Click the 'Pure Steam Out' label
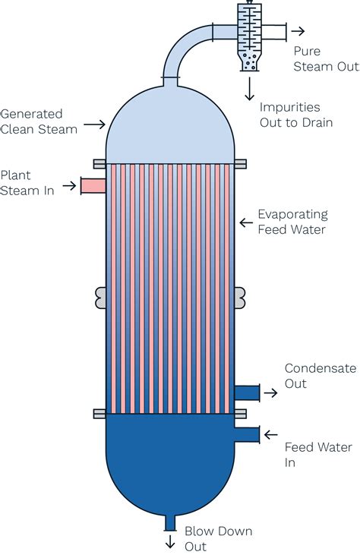click(x=326, y=59)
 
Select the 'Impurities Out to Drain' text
click(x=295, y=115)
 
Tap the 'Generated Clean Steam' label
click(x=39, y=121)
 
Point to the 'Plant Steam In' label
click(x=27, y=183)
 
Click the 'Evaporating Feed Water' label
click(x=292, y=222)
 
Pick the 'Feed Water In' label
click(x=318, y=455)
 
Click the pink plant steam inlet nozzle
click(x=93, y=185)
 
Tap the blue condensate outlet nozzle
click(x=246, y=392)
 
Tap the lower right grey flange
click(x=241, y=413)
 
